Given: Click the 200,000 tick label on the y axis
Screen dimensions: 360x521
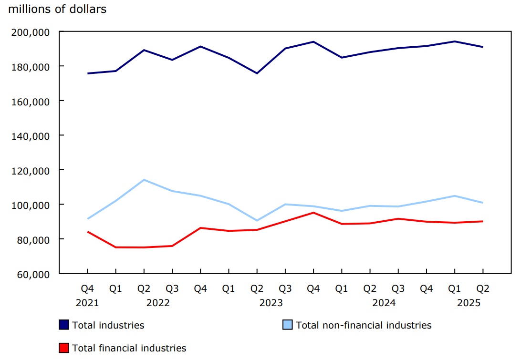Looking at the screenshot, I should [34, 32].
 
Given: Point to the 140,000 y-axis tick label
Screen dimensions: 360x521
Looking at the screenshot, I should [34, 136].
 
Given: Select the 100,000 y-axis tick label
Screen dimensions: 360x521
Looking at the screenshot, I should [34, 205].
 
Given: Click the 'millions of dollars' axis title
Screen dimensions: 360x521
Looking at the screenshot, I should [57, 9].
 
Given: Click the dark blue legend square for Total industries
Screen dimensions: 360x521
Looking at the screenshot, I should [64, 325].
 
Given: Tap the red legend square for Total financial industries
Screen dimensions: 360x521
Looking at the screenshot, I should [64, 348].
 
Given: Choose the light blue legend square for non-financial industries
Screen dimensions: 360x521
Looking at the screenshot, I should [288, 325].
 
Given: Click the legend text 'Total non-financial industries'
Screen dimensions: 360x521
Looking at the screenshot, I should [364, 325].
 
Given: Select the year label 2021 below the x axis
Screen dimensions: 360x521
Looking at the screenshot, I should [87, 303].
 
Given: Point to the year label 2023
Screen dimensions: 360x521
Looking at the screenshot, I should [271, 303].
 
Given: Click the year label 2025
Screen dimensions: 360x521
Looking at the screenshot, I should [469, 303].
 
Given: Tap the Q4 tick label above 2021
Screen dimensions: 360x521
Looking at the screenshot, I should [87, 289].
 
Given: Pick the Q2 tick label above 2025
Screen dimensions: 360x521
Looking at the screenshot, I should [483, 289].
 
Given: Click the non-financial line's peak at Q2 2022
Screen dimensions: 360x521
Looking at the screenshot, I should [144, 180].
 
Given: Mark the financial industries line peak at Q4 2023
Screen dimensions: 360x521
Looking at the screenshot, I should [313, 213].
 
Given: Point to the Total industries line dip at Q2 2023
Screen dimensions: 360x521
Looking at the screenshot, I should [257, 73].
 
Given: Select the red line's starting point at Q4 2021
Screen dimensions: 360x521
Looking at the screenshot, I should [87, 232].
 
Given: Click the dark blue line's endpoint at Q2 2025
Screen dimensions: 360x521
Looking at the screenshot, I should [483, 47].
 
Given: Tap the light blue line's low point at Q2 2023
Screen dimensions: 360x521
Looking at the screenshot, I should [257, 221].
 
